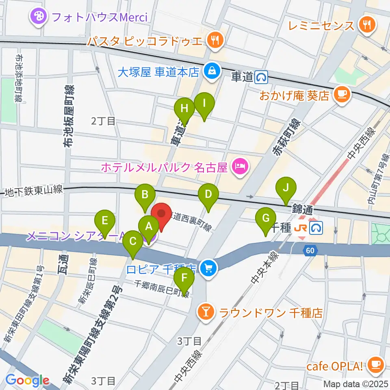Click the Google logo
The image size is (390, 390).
click(x=27, y=381)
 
